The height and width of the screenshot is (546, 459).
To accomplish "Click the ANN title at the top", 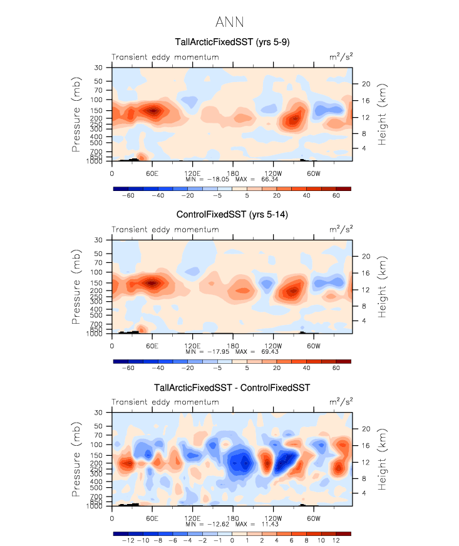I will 229,22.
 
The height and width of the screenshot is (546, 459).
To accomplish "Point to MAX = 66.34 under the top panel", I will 257,178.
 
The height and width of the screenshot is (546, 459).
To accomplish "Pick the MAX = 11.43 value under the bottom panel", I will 257,524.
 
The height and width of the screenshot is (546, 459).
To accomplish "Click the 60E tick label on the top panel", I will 152,172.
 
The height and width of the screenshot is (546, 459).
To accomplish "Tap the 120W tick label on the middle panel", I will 273,345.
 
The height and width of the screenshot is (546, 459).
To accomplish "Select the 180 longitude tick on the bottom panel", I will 233,518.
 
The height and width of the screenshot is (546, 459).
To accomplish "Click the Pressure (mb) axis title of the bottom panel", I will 76,460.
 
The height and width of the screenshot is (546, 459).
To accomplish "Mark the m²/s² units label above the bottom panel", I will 341,402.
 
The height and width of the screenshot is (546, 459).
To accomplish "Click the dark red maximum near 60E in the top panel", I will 152,110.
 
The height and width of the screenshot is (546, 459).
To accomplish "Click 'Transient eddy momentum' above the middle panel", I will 165,230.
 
